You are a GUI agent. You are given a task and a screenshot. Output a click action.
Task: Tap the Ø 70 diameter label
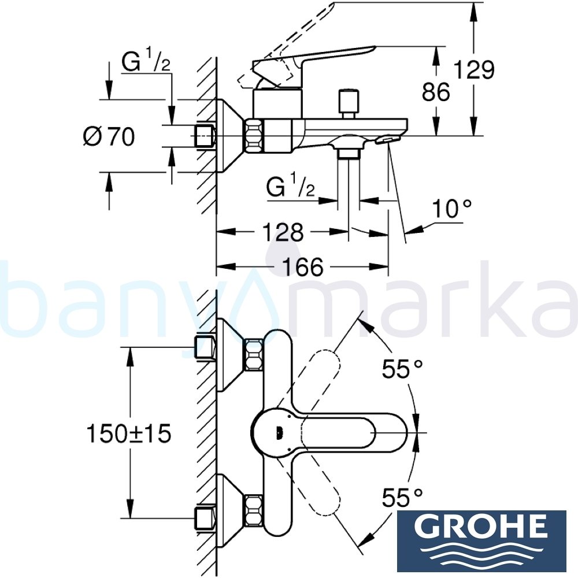(x=109, y=137)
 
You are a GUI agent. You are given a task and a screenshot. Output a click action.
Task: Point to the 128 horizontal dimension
(x=281, y=232)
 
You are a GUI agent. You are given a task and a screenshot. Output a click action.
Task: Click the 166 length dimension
(x=303, y=267)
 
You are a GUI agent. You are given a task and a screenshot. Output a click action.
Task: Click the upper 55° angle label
(x=402, y=368)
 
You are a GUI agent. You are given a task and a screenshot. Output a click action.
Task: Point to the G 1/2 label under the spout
(x=291, y=187)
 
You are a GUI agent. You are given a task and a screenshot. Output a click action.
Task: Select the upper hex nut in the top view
(x=254, y=355)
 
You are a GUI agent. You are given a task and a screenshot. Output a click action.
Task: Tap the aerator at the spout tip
(x=388, y=139)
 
